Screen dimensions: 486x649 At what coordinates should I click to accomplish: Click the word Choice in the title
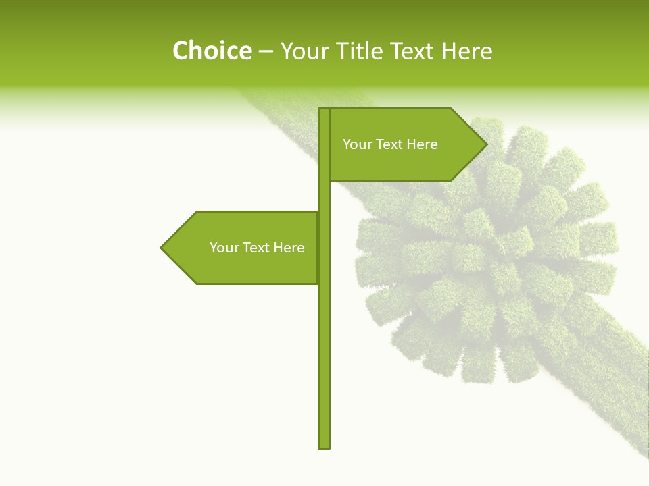(212, 51)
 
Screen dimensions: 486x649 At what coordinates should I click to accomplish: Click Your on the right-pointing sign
(357, 144)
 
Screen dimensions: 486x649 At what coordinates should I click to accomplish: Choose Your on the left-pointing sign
(224, 248)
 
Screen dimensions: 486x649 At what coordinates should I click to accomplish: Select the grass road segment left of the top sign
(284, 108)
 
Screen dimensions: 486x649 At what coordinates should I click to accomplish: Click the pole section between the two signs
(324, 196)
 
